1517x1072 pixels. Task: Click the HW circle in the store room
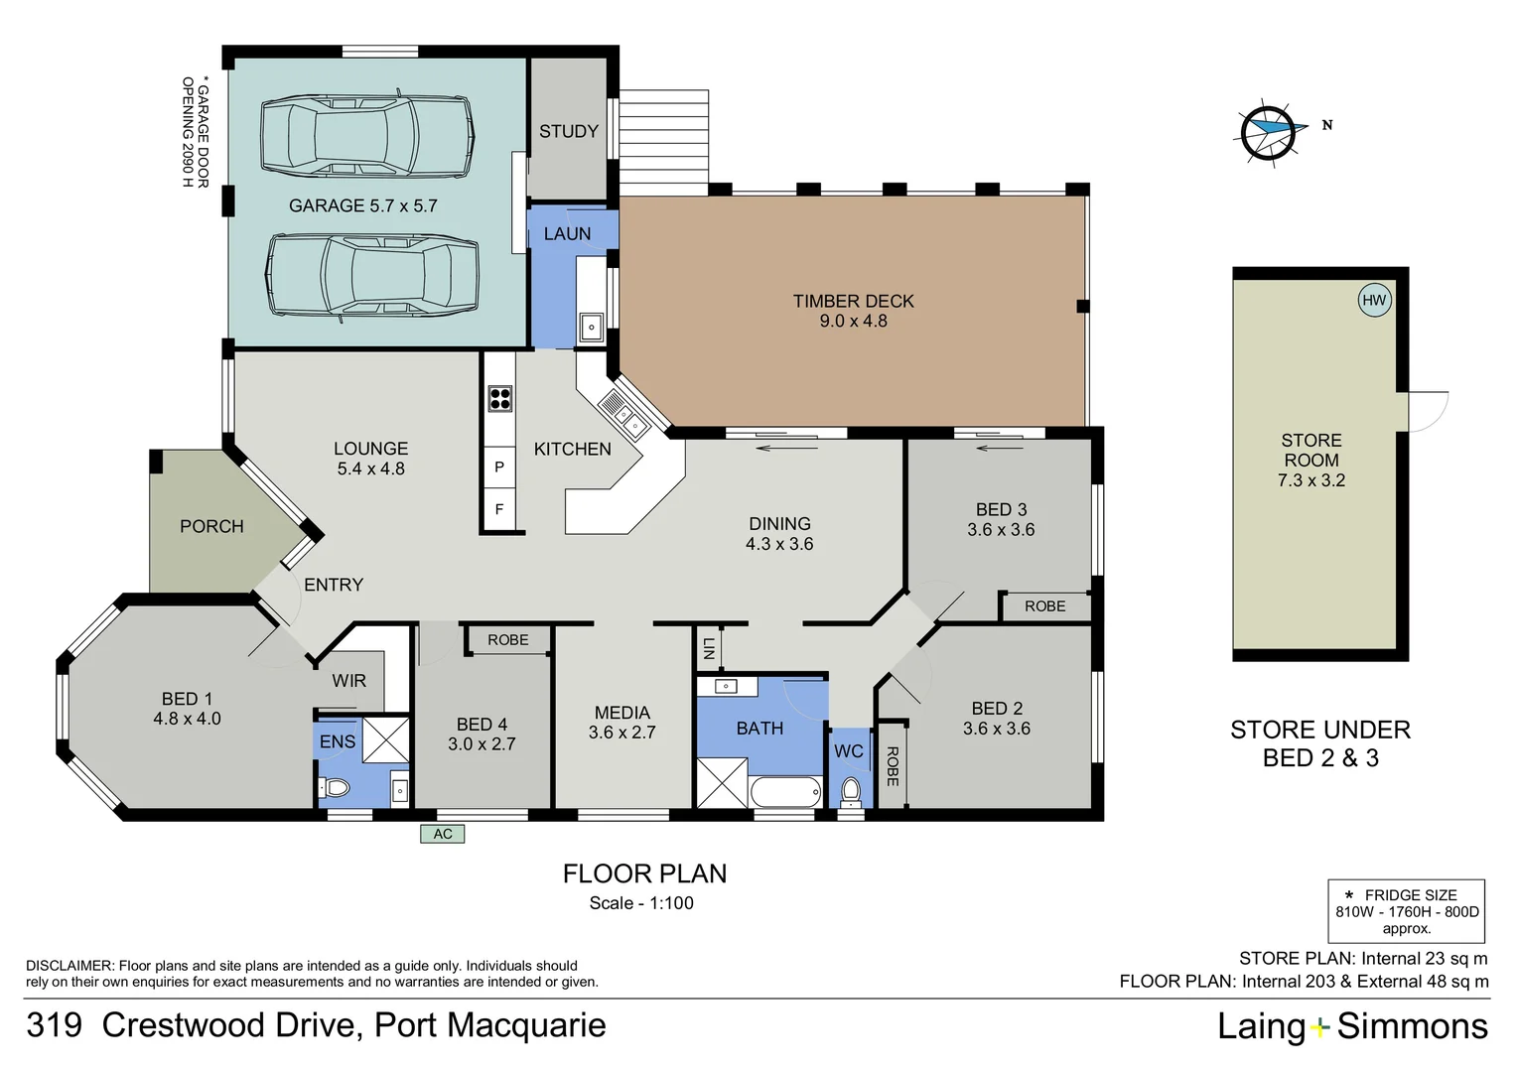pyautogui.click(x=1374, y=300)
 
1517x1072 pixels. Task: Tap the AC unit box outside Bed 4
pyautogui.click(x=442, y=834)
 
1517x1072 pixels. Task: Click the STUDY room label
pyautogui.click(x=568, y=131)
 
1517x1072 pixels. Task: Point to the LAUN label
pyautogui.click(x=567, y=233)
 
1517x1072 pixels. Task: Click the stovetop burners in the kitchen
pyautogui.click(x=499, y=398)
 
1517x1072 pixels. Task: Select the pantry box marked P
pyautogui.click(x=499, y=467)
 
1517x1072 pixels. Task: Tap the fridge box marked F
pyautogui.click(x=499, y=509)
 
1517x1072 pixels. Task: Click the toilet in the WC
pyautogui.click(x=851, y=791)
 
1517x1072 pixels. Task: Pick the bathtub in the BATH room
pyautogui.click(x=785, y=792)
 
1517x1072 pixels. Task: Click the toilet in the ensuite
pyautogui.click(x=334, y=787)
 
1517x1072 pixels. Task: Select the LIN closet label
pyautogui.click(x=709, y=649)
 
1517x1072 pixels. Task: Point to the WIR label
pyautogui.click(x=348, y=681)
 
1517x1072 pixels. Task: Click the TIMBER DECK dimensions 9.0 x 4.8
pyautogui.click(x=854, y=321)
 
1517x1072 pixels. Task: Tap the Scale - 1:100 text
pyautogui.click(x=641, y=902)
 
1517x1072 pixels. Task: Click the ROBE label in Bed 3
pyautogui.click(x=1045, y=606)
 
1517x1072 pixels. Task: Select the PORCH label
pyautogui.click(x=211, y=526)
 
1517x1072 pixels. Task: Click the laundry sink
pyautogui.click(x=592, y=328)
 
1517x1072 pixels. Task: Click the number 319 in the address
pyautogui.click(x=55, y=1025)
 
